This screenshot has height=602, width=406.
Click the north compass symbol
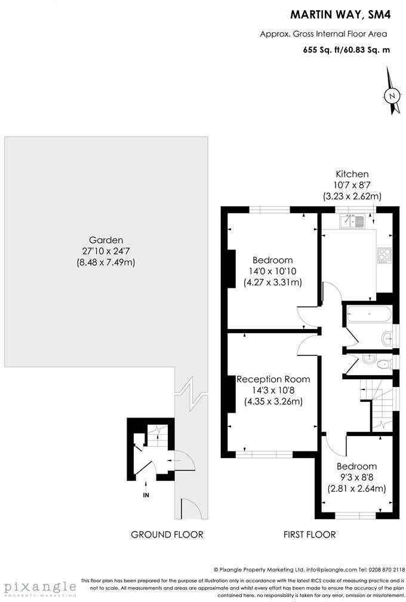click(x=392, y=95)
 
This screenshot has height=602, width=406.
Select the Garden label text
click(x=106, y=240)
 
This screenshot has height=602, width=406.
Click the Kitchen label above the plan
click(x=352, y=174)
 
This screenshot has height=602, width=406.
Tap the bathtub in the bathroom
click(x=368, y=314)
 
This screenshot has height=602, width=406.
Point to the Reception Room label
click(x=273, y=379)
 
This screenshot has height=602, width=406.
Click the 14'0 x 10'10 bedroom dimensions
click(x=273, y=271)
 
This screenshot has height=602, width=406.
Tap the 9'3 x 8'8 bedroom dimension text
click(x=356, y=477)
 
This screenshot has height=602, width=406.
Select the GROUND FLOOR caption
click(x=167, y=535)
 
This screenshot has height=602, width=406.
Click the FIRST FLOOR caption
click(x=309, y=535)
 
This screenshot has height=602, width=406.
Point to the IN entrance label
click(x=146, y=495)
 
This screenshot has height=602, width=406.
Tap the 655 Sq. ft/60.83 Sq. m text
click(x=346, y=50)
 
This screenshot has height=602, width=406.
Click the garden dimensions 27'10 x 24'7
click(x=106, y=251)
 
